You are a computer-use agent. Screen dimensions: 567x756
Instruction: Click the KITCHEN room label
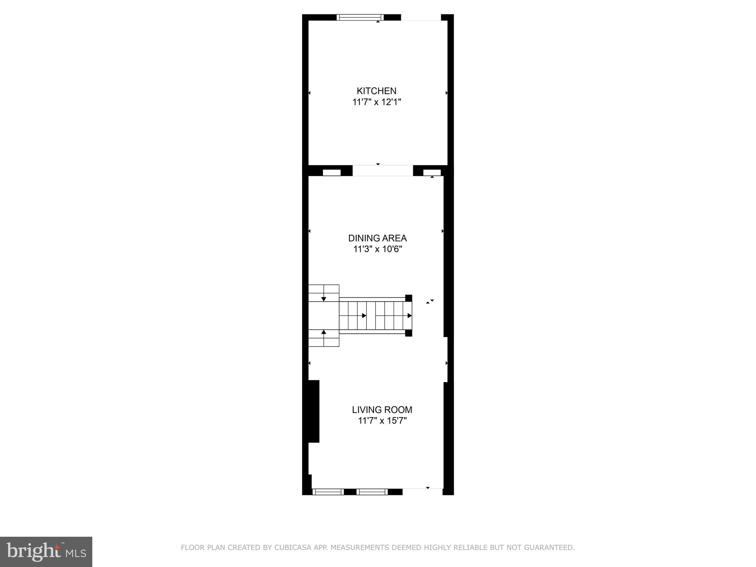(377, 91)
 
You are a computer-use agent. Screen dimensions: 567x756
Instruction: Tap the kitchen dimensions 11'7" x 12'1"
(377, 102)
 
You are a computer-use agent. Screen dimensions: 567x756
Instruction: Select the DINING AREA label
(377, 238)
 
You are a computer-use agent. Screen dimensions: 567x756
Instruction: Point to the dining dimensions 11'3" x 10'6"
(377, 249)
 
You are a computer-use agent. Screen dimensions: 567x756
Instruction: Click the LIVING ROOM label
(382, 410)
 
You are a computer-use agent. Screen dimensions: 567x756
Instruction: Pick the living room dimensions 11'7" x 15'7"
(382, 421)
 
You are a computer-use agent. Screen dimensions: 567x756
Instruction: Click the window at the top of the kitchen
(360, 17)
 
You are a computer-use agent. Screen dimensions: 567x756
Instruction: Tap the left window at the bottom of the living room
(328, 492)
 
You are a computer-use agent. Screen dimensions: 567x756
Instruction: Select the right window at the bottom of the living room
(372, 492)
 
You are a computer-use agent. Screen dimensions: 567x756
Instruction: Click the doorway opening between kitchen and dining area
(382, 171)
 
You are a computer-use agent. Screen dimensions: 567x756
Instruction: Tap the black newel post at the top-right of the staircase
(409, 298)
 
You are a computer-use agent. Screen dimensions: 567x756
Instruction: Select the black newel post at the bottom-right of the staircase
(409, 333)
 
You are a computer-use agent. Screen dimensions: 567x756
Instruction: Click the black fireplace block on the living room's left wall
(313, 411)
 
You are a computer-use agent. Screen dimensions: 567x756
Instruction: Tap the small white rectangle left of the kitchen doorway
(331, 172)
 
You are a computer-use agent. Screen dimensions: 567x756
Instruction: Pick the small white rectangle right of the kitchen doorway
(432, 172)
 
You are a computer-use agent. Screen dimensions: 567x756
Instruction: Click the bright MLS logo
(46, 551)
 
